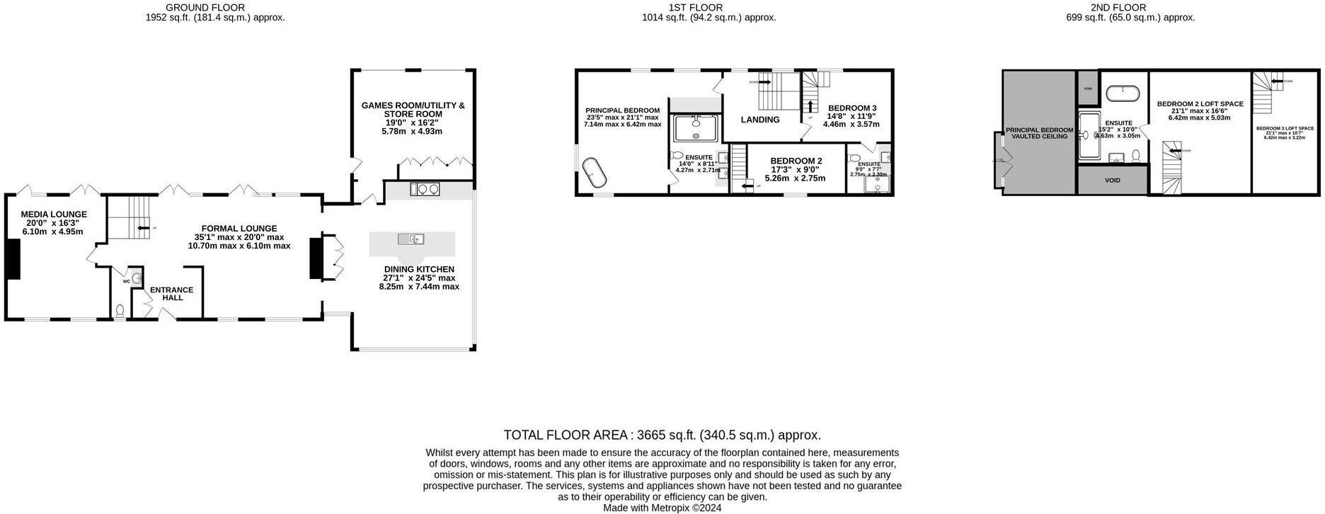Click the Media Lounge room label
54,214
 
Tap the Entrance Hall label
171,294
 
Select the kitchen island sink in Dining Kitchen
411,239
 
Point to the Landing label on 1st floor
760,120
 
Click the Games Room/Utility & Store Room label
413,110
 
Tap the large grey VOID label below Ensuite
1112,181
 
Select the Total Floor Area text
662,435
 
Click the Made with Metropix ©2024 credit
662,508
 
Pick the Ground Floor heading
205,7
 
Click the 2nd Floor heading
1130,7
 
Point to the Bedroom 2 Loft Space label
1200,104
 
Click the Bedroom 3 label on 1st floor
851,108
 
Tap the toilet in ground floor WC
120,310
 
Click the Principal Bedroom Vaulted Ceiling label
1039,133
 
